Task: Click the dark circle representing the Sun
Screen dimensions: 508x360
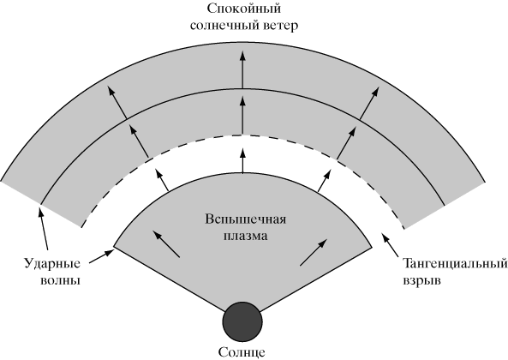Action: (242, 322)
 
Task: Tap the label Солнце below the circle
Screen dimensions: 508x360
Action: (242, 352)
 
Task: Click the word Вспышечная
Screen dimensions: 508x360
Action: (246, 219)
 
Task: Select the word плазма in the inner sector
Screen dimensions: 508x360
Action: (246, 236)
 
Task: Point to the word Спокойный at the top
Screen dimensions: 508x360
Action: (243, 9)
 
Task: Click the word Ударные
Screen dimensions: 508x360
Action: (52, 264)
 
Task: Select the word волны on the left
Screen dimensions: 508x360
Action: (60, 280)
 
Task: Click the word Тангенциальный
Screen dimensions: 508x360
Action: (455, 264)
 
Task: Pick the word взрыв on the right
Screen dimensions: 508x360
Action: (421, 280)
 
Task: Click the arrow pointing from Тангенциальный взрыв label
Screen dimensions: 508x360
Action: (391, 244)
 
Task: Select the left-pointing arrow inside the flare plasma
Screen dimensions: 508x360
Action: (166, 243)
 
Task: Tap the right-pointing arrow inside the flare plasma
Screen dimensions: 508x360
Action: (314, 252)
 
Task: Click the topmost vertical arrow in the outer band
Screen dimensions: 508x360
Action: (242, 69)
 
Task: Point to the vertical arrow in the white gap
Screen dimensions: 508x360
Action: (242, 160)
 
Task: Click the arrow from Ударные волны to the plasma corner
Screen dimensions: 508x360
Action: (101, 255)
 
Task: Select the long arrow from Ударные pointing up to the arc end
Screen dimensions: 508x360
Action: (44, 229)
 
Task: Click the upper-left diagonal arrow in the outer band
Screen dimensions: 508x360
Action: (117, 102)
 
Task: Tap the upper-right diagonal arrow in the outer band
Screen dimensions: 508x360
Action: (368, 103)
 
